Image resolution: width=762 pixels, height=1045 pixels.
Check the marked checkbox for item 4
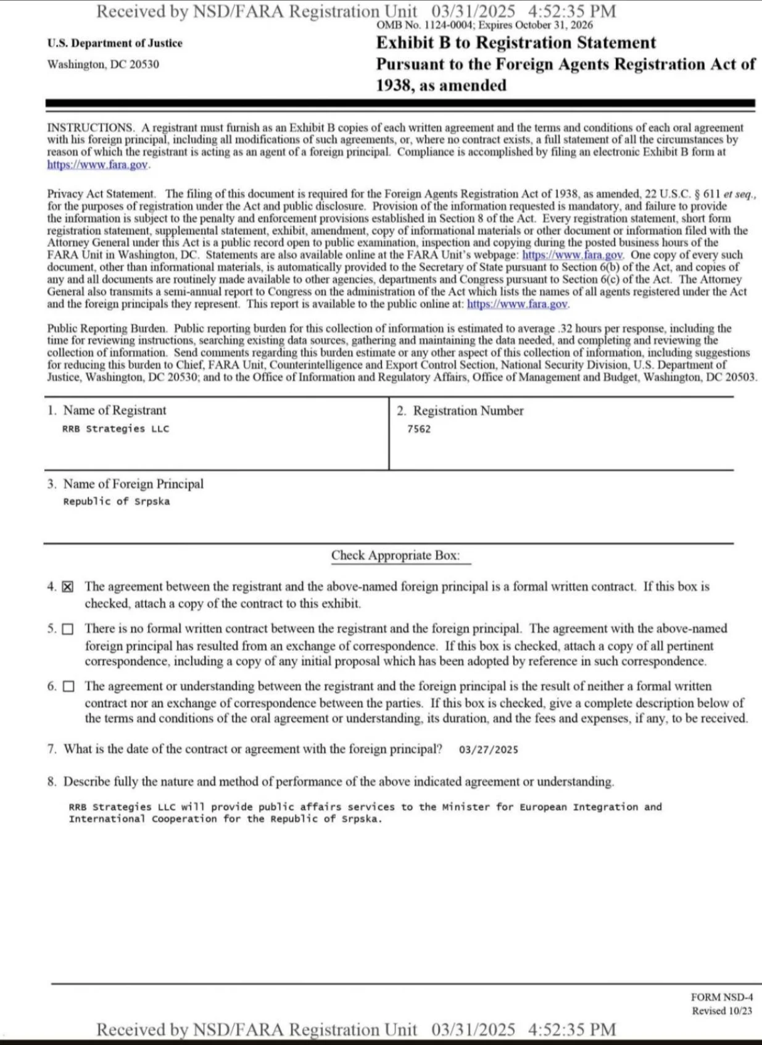68,587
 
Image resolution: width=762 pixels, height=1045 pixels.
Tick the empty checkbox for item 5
68,630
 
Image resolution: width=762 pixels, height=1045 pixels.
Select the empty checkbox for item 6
68,686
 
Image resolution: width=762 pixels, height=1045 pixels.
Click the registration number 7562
419,429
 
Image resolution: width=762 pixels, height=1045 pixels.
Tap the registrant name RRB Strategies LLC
115,429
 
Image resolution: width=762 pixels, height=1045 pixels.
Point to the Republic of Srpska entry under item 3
116,502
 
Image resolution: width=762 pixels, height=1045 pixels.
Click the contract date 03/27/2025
488,750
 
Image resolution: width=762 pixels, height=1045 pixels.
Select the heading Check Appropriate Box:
395,556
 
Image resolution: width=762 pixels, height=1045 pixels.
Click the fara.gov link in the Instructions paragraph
98,165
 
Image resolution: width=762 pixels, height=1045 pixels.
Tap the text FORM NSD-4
721,997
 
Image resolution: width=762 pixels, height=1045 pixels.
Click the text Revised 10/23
721,1011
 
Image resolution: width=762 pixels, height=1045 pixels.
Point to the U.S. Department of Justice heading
115,43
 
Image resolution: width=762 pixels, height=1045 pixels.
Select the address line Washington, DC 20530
103,64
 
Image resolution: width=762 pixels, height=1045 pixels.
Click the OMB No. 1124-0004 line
484,25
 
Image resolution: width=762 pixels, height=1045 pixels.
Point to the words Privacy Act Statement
101,194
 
